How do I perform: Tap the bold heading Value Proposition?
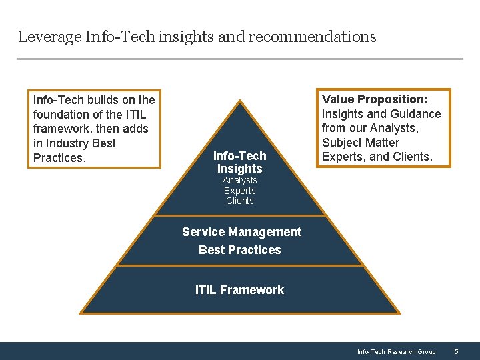tap(375, 99)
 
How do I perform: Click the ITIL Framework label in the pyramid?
tap(239, 290)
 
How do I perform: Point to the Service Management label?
tap(241, 232)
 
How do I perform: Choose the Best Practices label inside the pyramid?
tap(239, 250)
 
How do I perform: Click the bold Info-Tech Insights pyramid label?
tap(239, 162)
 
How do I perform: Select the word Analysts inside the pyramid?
tap(239, 180)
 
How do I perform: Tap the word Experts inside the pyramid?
tap(239, 191)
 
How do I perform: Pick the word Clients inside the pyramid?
tap(239, 201)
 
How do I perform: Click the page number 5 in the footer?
tap(456, 351)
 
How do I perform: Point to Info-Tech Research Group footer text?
tap(396, 351)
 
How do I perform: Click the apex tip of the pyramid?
tap(240, 101)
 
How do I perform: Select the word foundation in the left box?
tap(62, 114)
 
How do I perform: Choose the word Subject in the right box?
tap(343, 143)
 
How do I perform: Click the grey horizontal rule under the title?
tap(239, 59)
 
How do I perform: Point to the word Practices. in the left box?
tap(59, 158)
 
